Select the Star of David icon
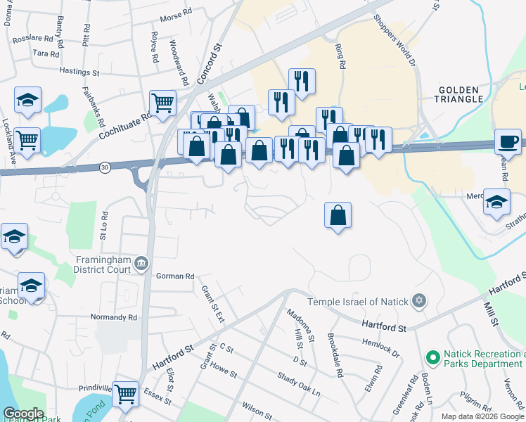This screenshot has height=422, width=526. (x=419, y=301)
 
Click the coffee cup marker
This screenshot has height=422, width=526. (x=508, y=141)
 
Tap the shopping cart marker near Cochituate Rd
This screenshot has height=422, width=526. (x=162, y=103)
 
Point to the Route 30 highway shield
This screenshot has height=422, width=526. (x=105, y=167)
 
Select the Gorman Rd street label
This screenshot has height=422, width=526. (x=175, y=276)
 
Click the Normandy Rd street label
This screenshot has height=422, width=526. (x=113, y=317)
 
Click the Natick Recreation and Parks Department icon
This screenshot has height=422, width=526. (x=432, y=358)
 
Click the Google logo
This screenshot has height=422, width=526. (x=23, y=414)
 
